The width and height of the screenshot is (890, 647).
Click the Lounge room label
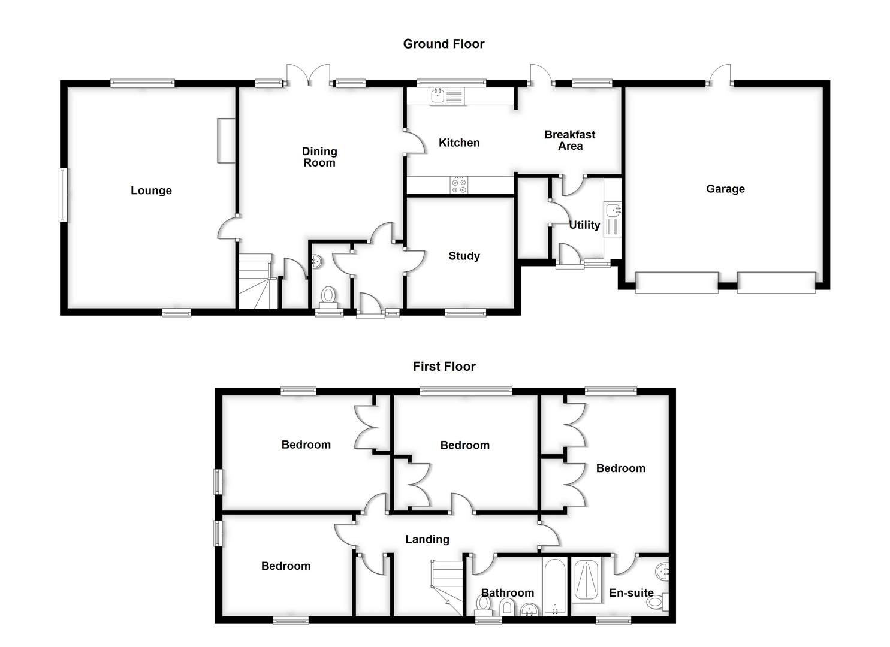(151, 191)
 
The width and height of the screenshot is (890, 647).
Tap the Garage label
(725, 189)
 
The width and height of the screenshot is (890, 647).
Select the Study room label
(464, 256)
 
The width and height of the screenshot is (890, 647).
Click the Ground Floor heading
(444, 44)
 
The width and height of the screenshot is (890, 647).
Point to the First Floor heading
(444, 367)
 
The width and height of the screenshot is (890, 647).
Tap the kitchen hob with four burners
(460, 185)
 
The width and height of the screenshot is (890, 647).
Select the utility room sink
(613, 210)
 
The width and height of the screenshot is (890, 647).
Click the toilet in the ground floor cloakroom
(328, 295)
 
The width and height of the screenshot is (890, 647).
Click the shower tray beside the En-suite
(587, 579)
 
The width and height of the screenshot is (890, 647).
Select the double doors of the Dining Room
(307, 74)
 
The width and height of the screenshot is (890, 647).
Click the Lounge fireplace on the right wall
(225, 140)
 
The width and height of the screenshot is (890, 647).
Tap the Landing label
(427, 539)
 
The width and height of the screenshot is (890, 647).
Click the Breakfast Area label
(569, 140)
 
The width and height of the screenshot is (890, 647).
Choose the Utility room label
(584, 225)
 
